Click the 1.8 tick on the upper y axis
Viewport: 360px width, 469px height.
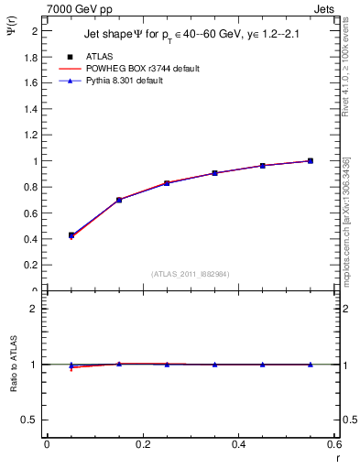[x=31, y=57]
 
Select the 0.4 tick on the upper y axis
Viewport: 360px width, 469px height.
[x=31, y=240]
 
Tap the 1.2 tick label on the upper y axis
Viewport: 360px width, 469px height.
[x=31, y=136]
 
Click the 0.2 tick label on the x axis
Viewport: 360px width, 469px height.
[x=142, y=443]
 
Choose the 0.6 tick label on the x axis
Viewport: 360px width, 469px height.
[x=334, y=443]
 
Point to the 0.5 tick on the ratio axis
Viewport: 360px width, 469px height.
[x=29, y=420]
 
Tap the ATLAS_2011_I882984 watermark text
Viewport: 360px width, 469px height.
[x=191, y=274]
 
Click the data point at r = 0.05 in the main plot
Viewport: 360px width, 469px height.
[x=71, y=235]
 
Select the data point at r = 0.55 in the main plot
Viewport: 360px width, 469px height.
[x=310, y=160]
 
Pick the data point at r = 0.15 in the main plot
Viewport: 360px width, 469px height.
[x=118, y=200]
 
